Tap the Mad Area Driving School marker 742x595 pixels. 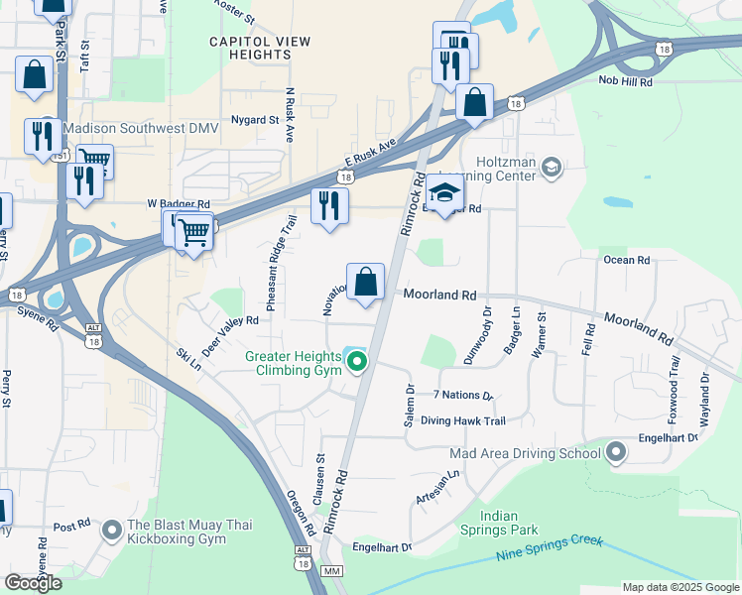pos(616,453)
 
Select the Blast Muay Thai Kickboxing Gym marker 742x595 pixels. pos(111,532)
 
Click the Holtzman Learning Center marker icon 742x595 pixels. pos(552,169)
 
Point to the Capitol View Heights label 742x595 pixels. pos(260,49)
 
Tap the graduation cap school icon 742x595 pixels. pos(446,192)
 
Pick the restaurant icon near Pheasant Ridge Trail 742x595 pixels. pos(329,205)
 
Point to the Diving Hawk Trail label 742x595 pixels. pos(462,420)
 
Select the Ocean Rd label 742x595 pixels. pos(626,260)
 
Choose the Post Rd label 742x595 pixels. pos(71,527)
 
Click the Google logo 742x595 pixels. pos(33,582)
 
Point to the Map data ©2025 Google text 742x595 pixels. pos(680,586)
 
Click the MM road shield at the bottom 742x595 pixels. pos(332,572)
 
